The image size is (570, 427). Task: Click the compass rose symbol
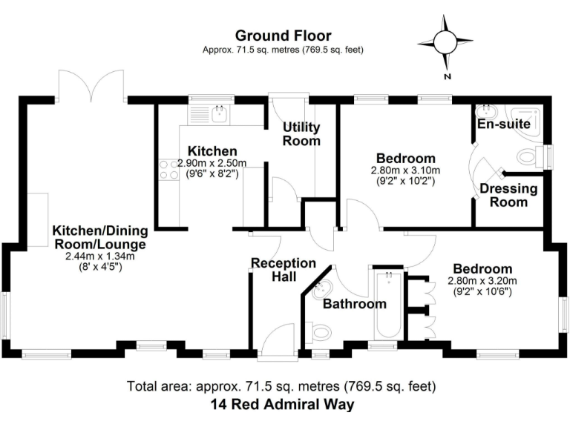(445, 41)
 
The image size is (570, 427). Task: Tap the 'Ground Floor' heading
(283, 35)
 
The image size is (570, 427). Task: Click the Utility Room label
(301, 133)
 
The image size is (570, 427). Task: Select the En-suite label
(504, 124)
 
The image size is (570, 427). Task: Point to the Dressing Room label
(508, 195)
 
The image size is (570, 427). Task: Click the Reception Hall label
(284, 270)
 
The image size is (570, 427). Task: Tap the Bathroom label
(354, 304)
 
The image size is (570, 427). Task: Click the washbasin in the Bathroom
(327, 288)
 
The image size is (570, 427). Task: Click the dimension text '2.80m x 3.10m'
(404, 171)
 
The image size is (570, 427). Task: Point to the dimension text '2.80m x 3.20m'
(482, 281)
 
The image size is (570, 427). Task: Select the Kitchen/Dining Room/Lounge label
(99, 236)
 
